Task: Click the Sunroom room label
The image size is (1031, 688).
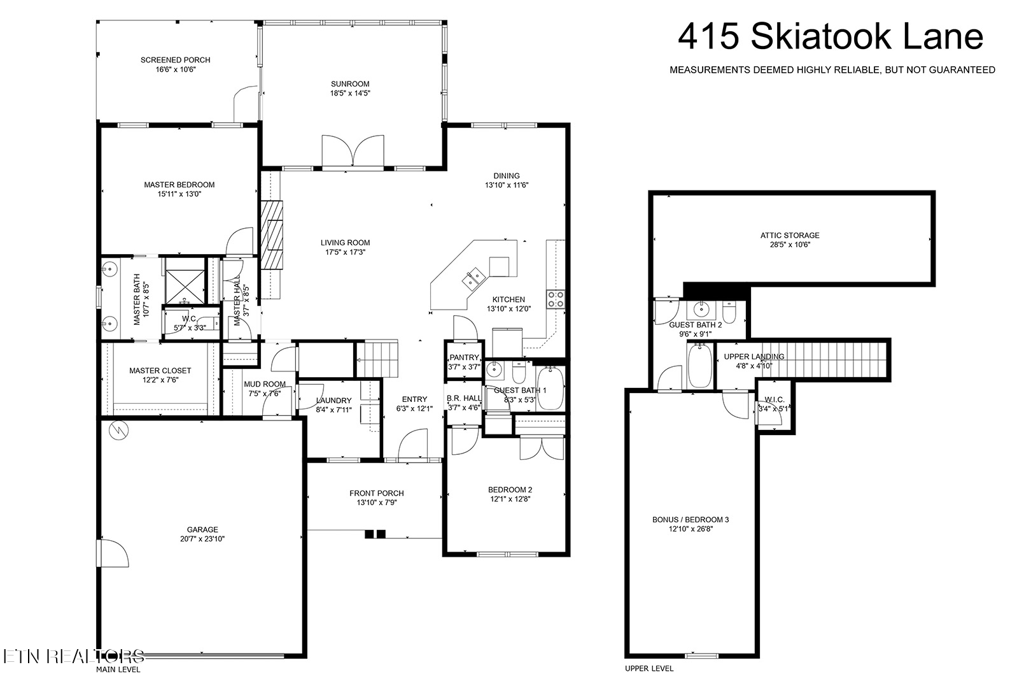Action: point(350,84)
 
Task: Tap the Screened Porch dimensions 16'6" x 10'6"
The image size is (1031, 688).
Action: point(176,69)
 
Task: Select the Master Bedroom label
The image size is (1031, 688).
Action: point(179,185)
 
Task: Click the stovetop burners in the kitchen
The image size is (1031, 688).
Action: point(556,299)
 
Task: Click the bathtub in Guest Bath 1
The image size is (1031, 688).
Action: point(550,388)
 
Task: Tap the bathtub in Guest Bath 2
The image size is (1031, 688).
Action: point(699,366)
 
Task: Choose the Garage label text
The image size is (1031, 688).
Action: point(202,529)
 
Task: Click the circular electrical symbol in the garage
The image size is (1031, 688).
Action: point(119,431)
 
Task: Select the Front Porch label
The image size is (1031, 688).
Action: point(377,493)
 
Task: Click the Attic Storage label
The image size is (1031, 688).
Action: point(790,235)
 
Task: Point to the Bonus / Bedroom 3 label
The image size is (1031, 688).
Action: point(691,519)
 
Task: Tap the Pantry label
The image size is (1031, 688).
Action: point(464,357)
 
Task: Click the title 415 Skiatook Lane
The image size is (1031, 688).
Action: point(831,37)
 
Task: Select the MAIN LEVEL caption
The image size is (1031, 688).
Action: point(118,670)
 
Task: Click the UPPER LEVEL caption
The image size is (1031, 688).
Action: point(649,668)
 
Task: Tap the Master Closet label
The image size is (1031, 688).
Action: point(160,371)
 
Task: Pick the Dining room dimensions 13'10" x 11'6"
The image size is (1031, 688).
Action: point(507,185)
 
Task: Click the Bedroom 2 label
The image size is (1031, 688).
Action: point(510,489)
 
